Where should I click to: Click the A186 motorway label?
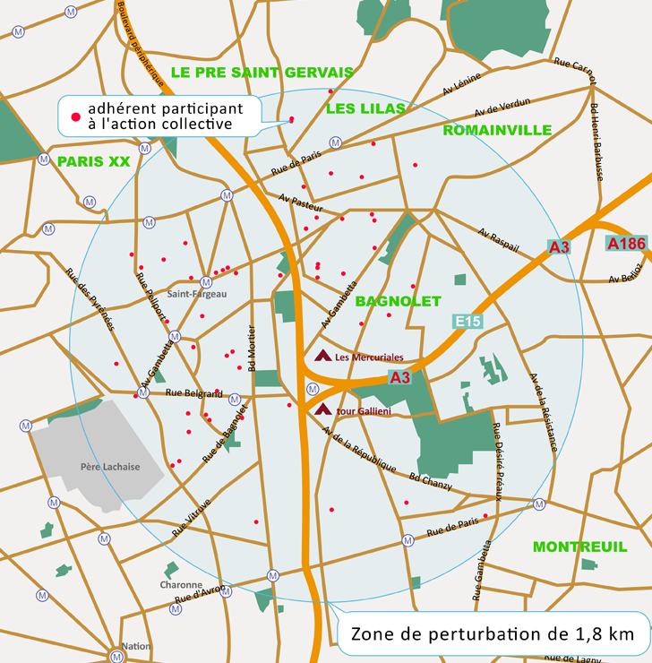point(625,243)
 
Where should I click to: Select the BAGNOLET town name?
point(398,301)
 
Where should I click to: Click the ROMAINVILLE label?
point(497,130)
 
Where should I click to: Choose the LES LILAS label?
point(365,108)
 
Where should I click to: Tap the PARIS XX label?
point(94,162)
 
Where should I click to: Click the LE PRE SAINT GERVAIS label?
point(262,72)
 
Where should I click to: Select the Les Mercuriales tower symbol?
point(322,356)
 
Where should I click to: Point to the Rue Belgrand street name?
point(193,393)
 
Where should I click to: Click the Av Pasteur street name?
point(300,203)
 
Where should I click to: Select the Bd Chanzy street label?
point(431,482)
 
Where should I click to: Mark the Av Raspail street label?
point(499,240)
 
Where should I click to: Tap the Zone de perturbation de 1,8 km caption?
point(493,634)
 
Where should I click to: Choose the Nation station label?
point(136,646)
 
